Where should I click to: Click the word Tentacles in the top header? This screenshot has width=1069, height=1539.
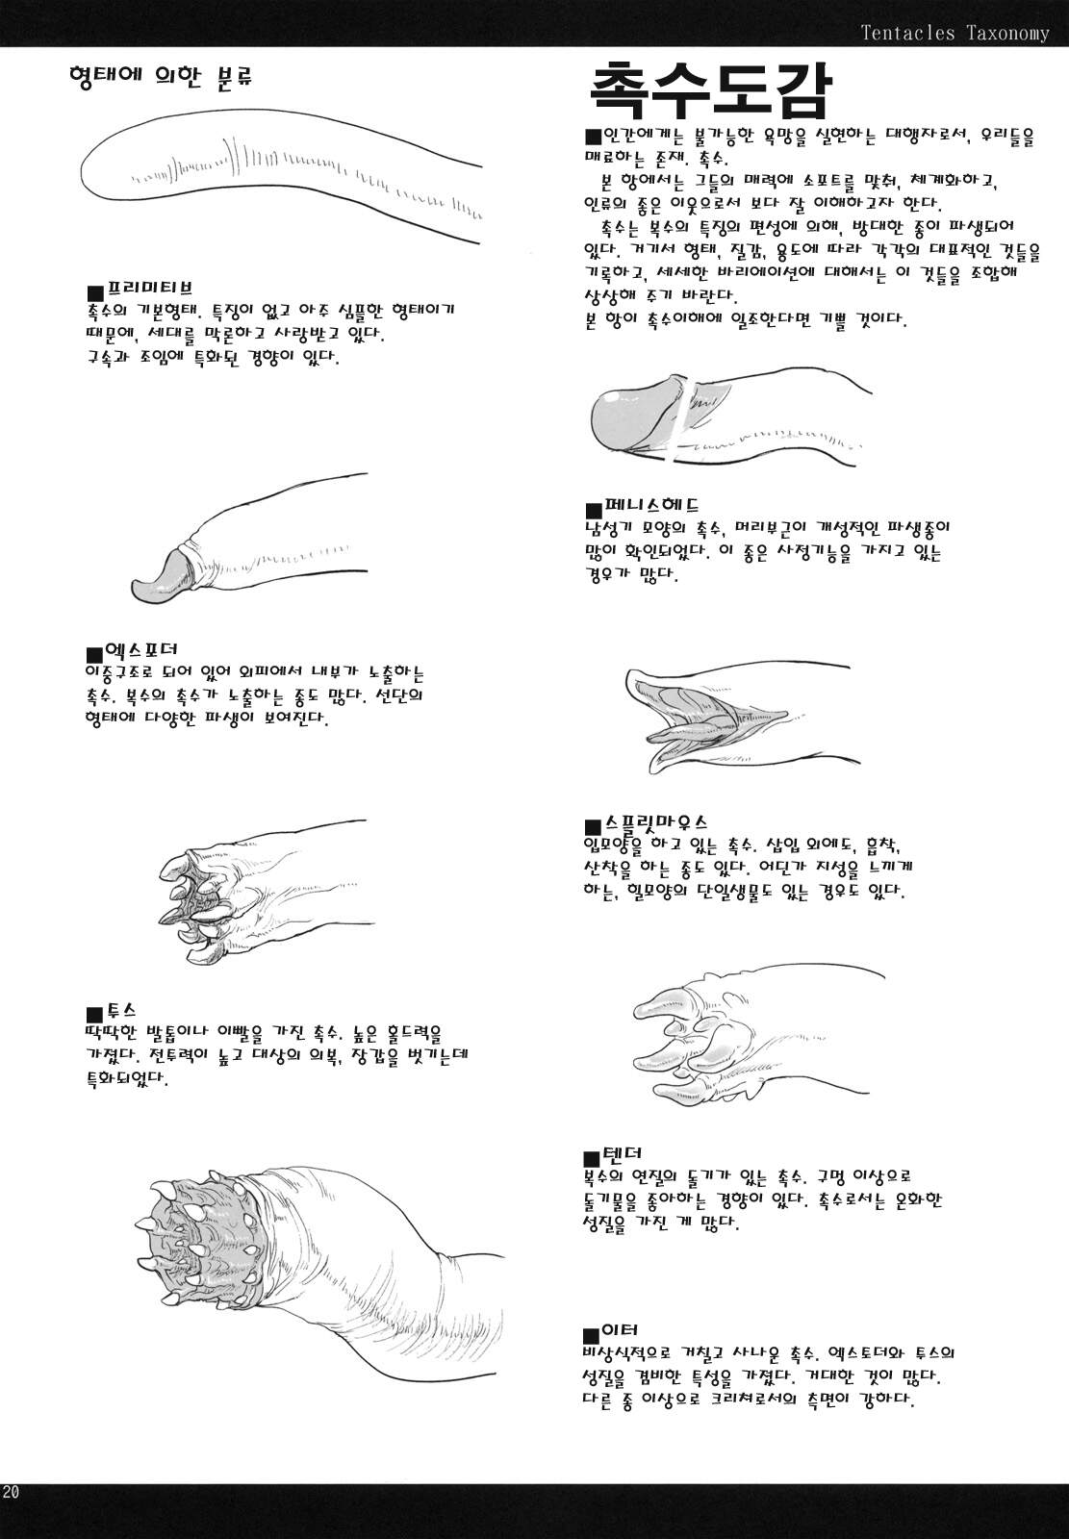(906, 33)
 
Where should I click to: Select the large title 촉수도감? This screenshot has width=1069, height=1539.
(709, 89)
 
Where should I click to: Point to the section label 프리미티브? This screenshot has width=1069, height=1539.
(149, 287)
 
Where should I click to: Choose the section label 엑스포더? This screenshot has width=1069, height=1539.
(140, 648)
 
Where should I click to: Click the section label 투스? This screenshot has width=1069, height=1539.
(121, 1009)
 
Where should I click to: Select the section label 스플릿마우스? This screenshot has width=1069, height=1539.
(656, 821)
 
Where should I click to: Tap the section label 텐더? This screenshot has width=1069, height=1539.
(623, 1152)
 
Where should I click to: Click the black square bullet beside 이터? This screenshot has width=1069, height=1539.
(591, 1335)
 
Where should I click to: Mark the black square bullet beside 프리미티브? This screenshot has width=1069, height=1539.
(95, 292)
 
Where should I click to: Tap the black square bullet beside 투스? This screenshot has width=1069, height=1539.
(95, 1014)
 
